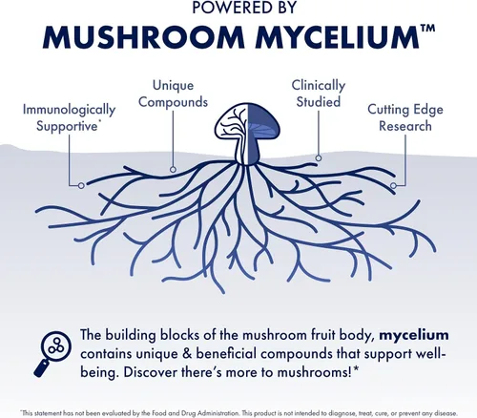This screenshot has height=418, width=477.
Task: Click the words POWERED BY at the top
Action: (x=244, y=7)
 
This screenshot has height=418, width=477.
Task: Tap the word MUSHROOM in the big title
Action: (x=144, y=37)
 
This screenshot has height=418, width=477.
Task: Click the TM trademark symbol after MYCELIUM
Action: (x=427, y=29)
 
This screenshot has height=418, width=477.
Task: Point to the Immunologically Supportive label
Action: (x=69, y=117)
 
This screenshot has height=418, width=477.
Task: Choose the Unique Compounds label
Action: (x=173, y=94)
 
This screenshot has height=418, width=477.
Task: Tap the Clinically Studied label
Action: (x=319, y=94)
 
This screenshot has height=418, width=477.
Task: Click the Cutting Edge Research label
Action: (x=405, y=117)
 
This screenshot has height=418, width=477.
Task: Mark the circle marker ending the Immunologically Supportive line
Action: (x=81, y=185)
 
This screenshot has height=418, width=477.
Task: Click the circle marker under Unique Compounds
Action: (x=173, y=169)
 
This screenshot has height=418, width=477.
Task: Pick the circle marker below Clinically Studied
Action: (x=319, y=157)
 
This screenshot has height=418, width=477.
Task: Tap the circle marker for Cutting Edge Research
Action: (x=393, y=185)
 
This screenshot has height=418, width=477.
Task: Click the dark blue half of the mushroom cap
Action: (x=261, y=121)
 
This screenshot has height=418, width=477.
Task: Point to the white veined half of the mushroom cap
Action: (x=230, y=122)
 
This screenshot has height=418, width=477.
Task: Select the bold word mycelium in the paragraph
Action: (x=414, y=336)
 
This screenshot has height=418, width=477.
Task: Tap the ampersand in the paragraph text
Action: (x=187, y=354)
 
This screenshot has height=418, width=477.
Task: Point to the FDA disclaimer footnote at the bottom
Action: (x=238, y=413)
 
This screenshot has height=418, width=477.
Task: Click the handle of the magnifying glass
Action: (x=41, y=368)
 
